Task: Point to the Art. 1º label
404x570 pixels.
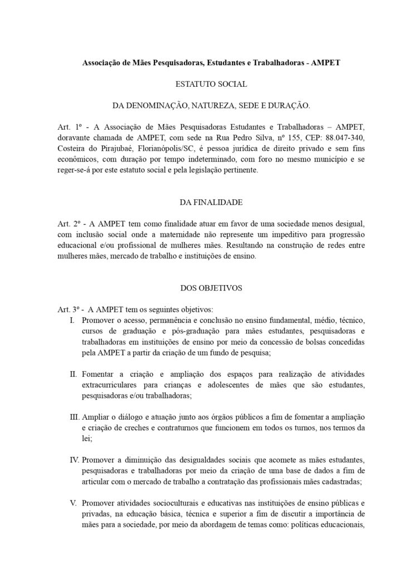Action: tap(68, 126)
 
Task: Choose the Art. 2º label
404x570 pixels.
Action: tap(68, 222)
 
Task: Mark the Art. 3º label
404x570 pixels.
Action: tap(67, 309)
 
